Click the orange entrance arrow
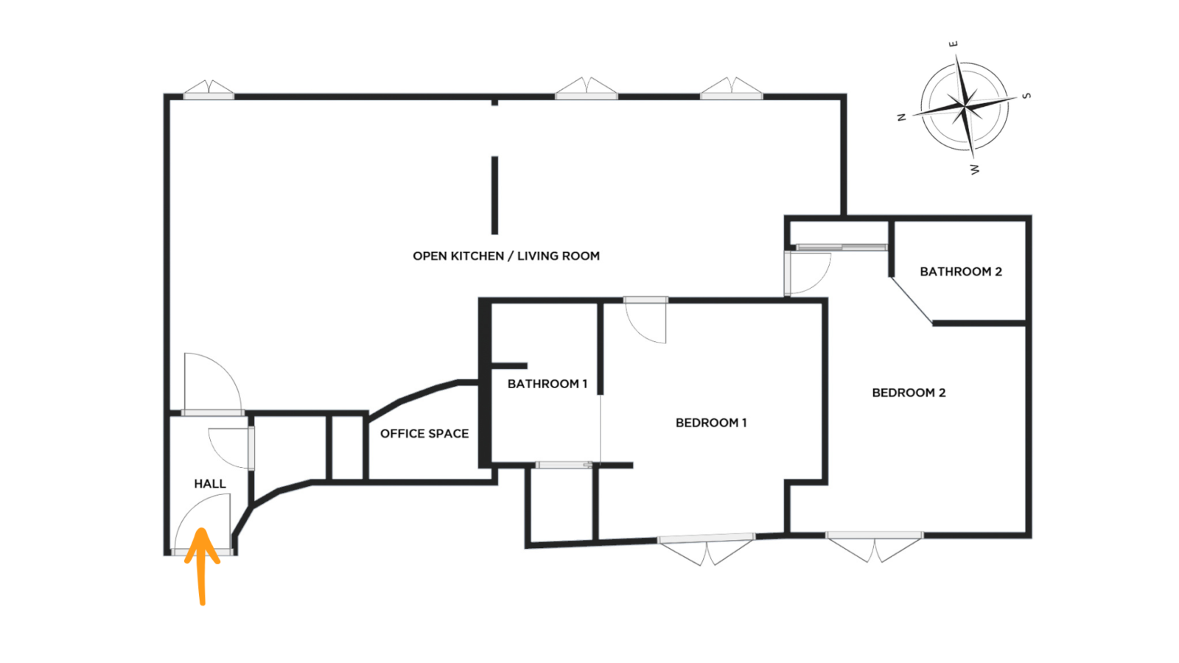[201, 566]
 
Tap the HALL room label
[210, 483]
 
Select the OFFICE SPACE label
[424, 434]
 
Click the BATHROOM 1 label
[547, 384]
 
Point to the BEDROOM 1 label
[711, 423]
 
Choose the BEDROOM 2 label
[909, 393]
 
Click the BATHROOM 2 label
[961, 272]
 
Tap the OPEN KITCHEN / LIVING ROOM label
[505, 256]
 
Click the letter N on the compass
[902, 117]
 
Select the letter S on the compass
[1026, 96]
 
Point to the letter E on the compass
[954, 44]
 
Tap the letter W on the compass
[975, 169]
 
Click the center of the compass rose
[965, 107]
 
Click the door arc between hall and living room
[225, 368]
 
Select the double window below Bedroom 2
[874, 547]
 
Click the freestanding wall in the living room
[494, 195]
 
